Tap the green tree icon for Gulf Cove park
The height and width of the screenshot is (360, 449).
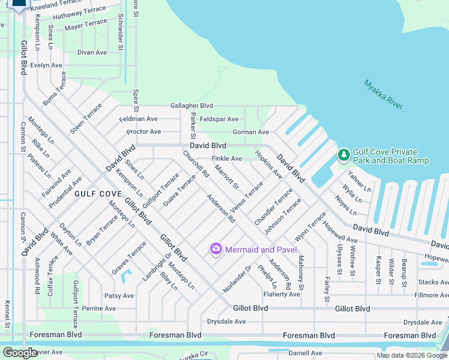click(x=343, y=155)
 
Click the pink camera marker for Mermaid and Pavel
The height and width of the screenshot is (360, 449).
click(x=215, y=248)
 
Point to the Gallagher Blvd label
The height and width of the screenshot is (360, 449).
click(x=191, y=106)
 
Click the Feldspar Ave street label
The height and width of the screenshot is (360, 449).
click(x=219, y=119)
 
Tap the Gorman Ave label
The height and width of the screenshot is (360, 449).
click(x=250, y=132)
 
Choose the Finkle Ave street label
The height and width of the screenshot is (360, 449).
click(x=227, y=158)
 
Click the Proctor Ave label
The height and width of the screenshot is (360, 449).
click(x=143, y=131)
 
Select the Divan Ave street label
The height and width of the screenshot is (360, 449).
click(x=92, y=52)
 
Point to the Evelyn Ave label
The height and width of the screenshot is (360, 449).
click(x=46, y=65)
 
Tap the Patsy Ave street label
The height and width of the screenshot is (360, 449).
click(x=119, y=296)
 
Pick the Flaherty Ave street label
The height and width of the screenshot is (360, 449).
click(x=282, y=294)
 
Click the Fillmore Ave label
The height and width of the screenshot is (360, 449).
click(x=431, y=295)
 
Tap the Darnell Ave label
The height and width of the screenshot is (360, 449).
click(x=305, y=353)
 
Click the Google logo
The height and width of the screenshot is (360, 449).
click(x=20, y=353)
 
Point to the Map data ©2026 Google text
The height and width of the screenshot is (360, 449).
click(x=411, y=355)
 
